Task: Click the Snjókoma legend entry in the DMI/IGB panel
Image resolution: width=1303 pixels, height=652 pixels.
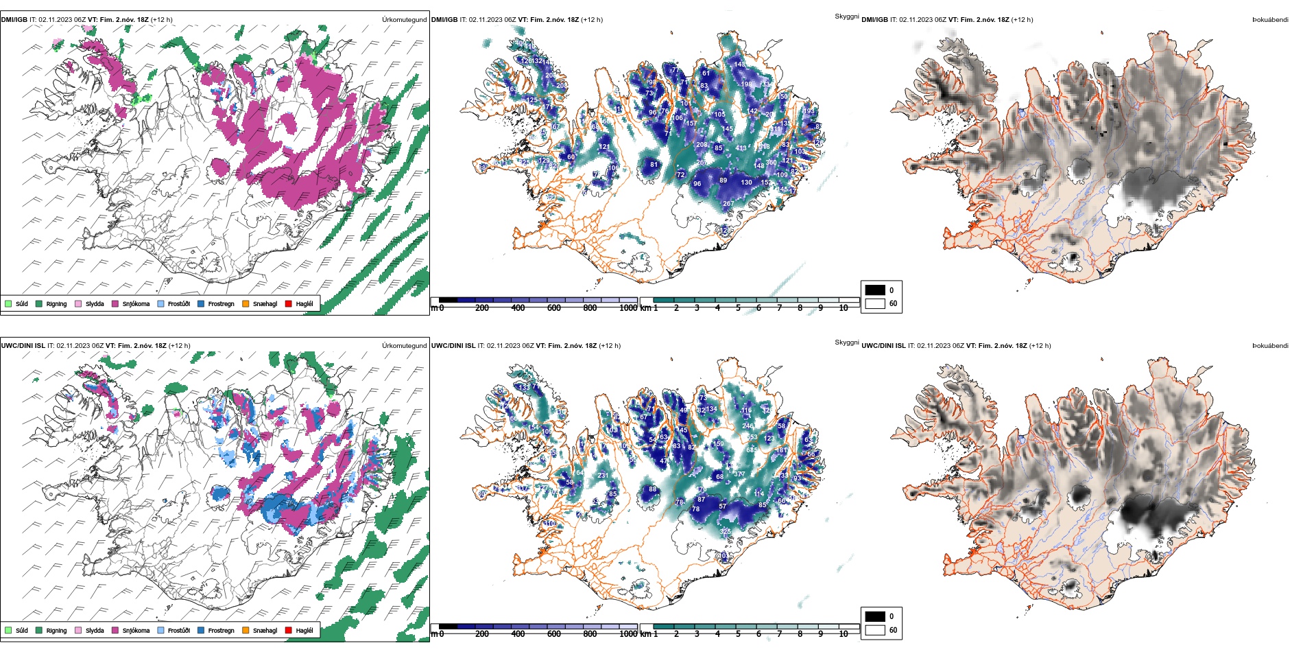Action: [136, 303]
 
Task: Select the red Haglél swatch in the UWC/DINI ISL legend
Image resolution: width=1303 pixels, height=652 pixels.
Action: [289, 630]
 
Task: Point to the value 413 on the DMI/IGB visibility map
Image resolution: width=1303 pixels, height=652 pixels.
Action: [741, 148]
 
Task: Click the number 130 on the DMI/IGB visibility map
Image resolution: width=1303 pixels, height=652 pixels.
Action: [747, 182]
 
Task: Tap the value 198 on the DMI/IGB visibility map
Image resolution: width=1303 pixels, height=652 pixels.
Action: [747, 84]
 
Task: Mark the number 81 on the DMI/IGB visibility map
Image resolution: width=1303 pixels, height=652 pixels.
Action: [654, 165]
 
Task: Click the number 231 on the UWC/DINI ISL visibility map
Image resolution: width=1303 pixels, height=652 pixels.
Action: [603, 476]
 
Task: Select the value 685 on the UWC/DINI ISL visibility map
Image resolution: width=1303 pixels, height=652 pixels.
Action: [752, 450]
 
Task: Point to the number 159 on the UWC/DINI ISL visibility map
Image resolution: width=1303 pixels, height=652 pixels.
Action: [719, 444]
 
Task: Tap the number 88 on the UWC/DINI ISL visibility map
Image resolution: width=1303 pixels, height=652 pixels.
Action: [653, 489]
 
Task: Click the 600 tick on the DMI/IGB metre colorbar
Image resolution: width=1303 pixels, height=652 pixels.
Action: [554, 308]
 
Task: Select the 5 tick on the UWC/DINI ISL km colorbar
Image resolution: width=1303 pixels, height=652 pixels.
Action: [739, 634]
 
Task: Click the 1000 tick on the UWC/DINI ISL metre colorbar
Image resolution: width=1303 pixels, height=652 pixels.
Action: [628, 634]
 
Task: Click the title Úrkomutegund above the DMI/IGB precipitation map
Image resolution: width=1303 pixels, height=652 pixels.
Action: [404, 20]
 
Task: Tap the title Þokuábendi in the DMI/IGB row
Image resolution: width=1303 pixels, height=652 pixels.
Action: [1269, 20]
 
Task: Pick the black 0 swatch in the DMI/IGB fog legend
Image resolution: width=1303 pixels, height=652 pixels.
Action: [875, 290]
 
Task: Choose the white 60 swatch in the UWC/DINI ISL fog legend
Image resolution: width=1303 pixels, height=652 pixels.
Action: [875, 629]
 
